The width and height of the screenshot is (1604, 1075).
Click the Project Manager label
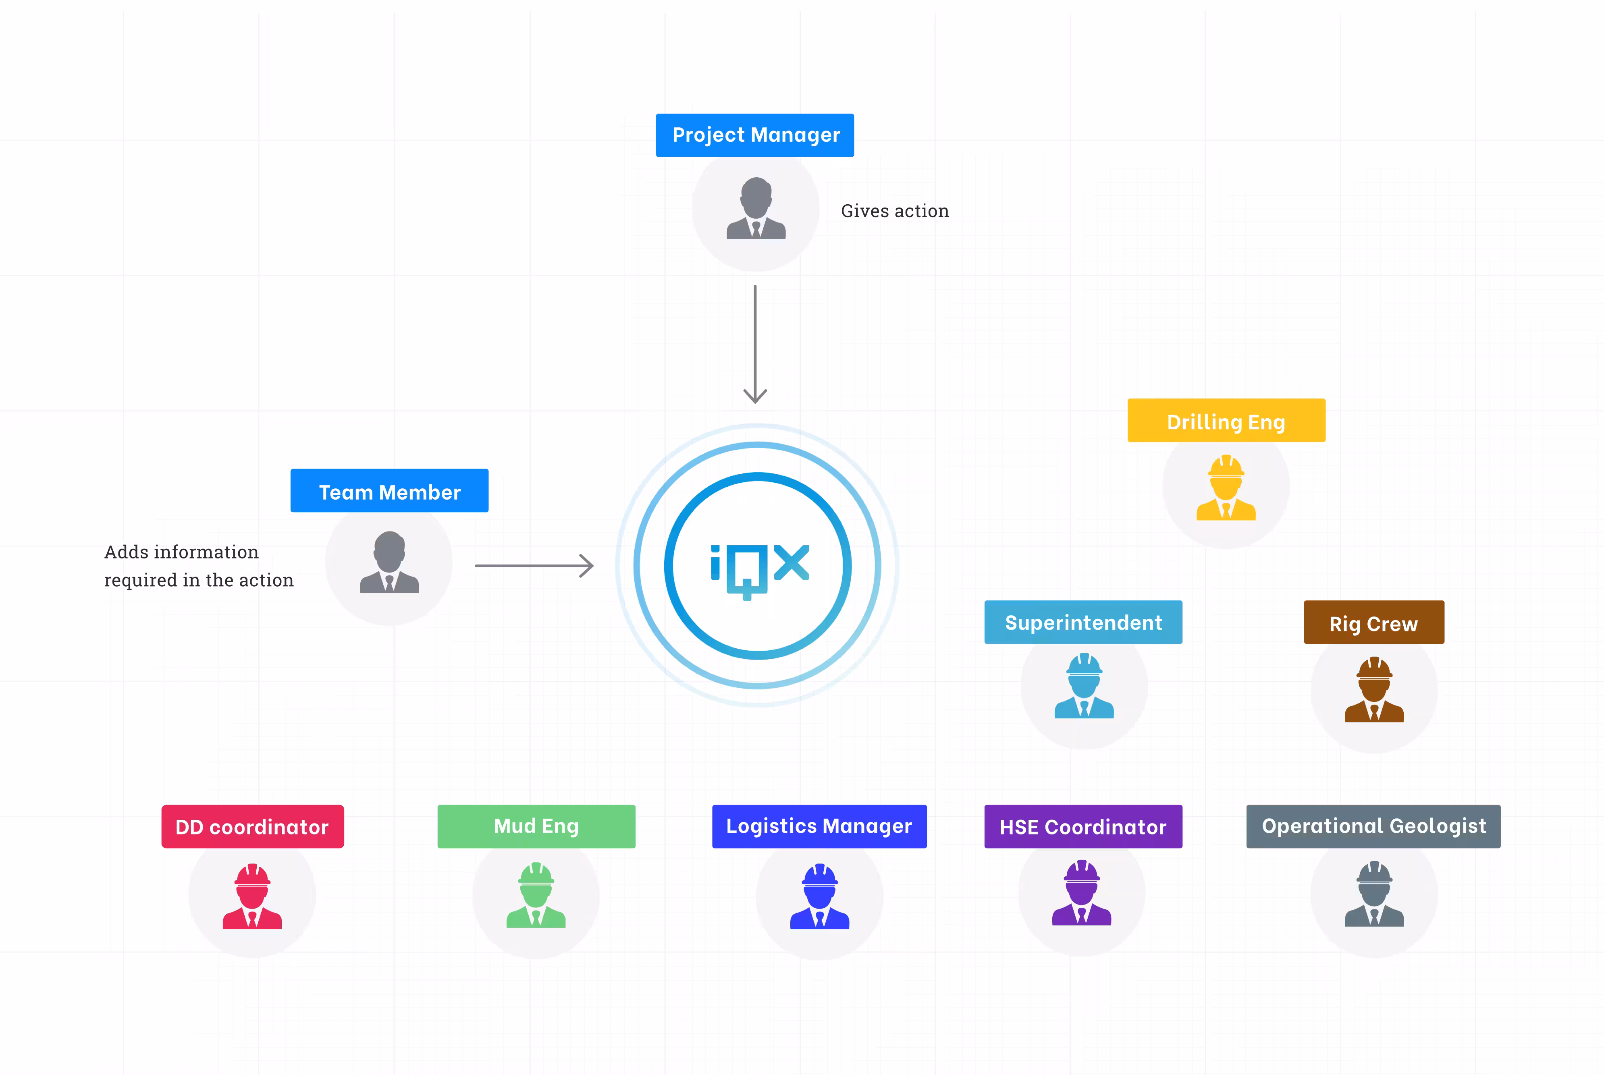(x=754, y=135)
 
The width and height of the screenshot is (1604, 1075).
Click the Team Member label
(x=389, y=491)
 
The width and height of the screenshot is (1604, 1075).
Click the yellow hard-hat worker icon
(x=1226, y=488)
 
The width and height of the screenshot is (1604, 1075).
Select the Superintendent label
(x=1083, y=623)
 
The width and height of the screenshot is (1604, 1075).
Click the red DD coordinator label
(x=252, y=827)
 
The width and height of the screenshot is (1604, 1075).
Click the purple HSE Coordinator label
(x=1083, y=827)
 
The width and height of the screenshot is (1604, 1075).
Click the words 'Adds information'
(x=181, y=552)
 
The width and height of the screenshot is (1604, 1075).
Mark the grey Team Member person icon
(x=389, y=562)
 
